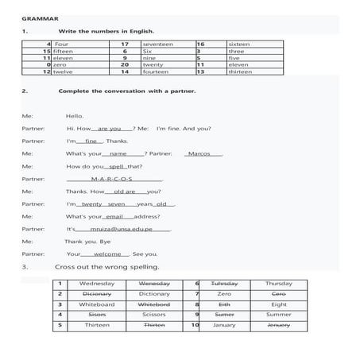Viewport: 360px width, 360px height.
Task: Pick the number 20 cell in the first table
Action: click(x=124, y=64)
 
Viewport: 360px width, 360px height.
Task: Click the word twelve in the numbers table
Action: click(x=64, y=72)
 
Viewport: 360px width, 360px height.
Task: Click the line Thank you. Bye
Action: click(x=87, y=241)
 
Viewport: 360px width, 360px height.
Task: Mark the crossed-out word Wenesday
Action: click(x=154, y=283)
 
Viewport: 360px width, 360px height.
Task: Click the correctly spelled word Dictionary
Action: click(x=154, y=293)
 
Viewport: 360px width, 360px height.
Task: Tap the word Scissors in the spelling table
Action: click(x=154, y=314)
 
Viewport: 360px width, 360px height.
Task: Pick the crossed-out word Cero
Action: click(x=278, y=293)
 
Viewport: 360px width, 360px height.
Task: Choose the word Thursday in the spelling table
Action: click(x=278, y=283)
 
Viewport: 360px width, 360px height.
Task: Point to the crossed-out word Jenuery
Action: click(x=278, y=324)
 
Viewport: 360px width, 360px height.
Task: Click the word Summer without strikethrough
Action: click(x=278, y=314)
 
